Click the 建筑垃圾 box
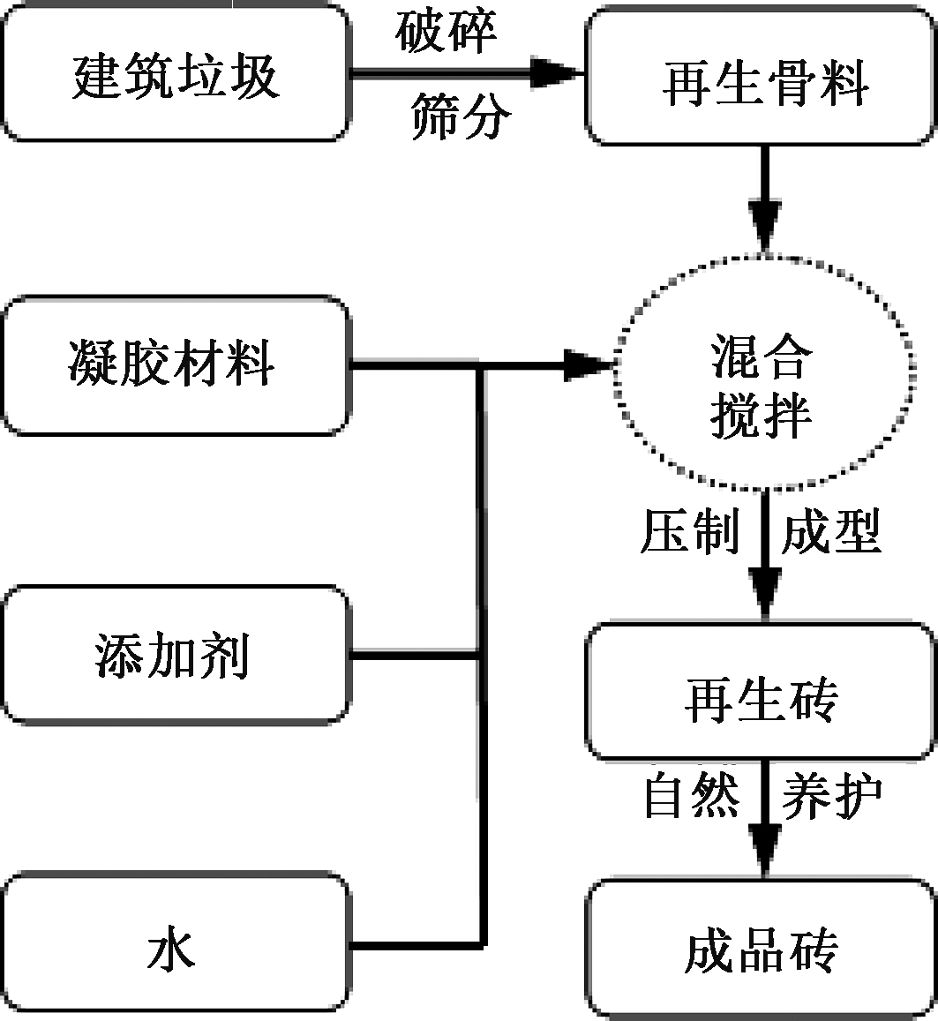click(176, 73)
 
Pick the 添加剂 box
click(176, 655)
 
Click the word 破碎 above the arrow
click(446, 32)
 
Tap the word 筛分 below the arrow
click(460, 118)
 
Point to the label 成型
click(830, 532)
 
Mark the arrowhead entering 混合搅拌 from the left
click(587, 364)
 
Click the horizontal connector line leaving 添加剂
click(415, 656)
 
